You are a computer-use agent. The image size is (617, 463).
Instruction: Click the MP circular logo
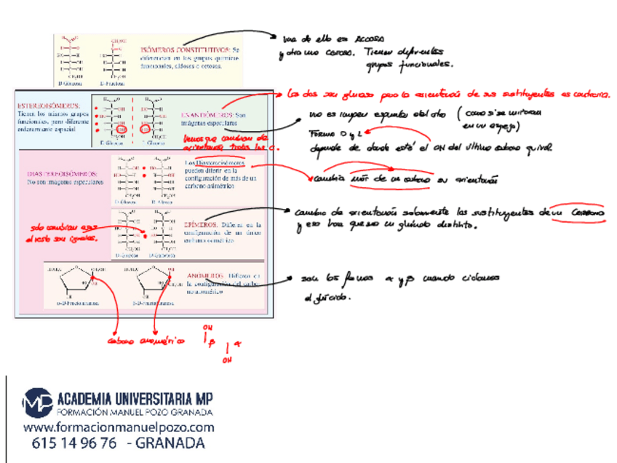coord(37,403)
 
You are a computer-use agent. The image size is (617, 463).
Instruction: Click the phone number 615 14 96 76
coord(74,443)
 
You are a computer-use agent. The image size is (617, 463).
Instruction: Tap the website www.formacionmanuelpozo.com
coord(119,428)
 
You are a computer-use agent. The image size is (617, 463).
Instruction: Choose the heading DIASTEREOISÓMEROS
coord(62,174)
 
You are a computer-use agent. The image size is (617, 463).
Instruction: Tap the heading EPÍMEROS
coord(201,225)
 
